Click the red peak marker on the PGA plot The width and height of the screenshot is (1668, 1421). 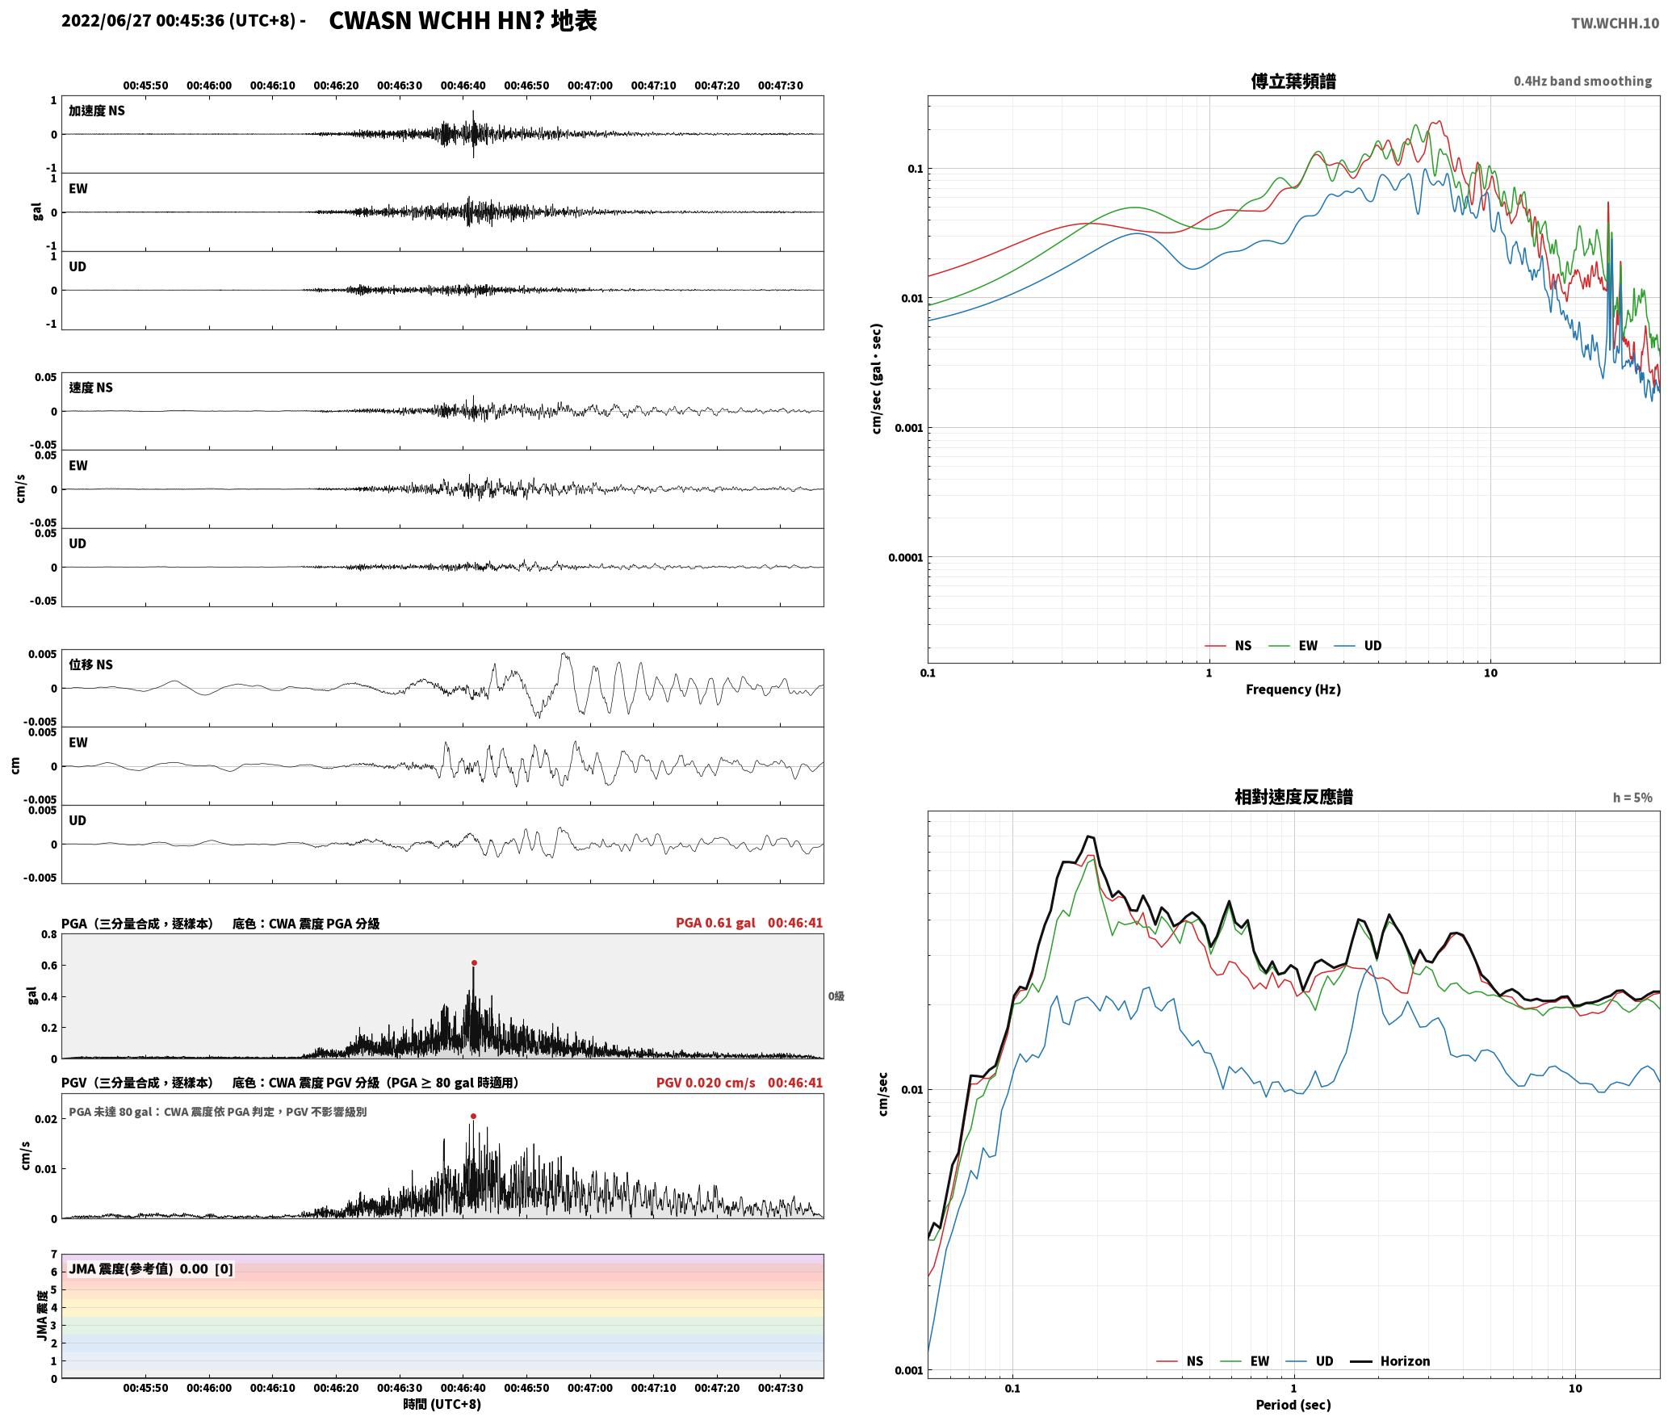[474, 962]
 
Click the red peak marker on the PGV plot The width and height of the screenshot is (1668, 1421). [473, 1116]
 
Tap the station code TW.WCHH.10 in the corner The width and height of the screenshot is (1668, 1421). [1615, 23]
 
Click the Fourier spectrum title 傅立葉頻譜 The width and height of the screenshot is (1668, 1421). [1293, 82]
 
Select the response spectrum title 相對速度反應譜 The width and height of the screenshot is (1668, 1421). [1293, 797]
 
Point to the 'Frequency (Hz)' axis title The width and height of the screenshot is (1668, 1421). [1293, 689]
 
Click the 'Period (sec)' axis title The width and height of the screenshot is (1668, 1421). [1293, 1405]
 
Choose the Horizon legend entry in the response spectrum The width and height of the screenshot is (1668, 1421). [1390, 1361]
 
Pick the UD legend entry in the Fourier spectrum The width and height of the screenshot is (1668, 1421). [1358, 645]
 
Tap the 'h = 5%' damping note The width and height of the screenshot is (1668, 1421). [1632, 798]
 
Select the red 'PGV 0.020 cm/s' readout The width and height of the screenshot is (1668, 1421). [706, 1083]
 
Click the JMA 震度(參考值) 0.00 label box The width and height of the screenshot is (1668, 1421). [151, 1268]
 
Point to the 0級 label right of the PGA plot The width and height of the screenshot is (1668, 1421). [836, 996]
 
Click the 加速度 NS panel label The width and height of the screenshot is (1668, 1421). [97, 111]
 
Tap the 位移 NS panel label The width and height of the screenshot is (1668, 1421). [91, 664]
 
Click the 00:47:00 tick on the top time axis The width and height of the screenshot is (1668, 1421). [590, 86]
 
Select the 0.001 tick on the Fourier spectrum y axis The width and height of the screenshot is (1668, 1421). [908, 428]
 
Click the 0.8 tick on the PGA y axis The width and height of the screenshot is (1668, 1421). [49, 935]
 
